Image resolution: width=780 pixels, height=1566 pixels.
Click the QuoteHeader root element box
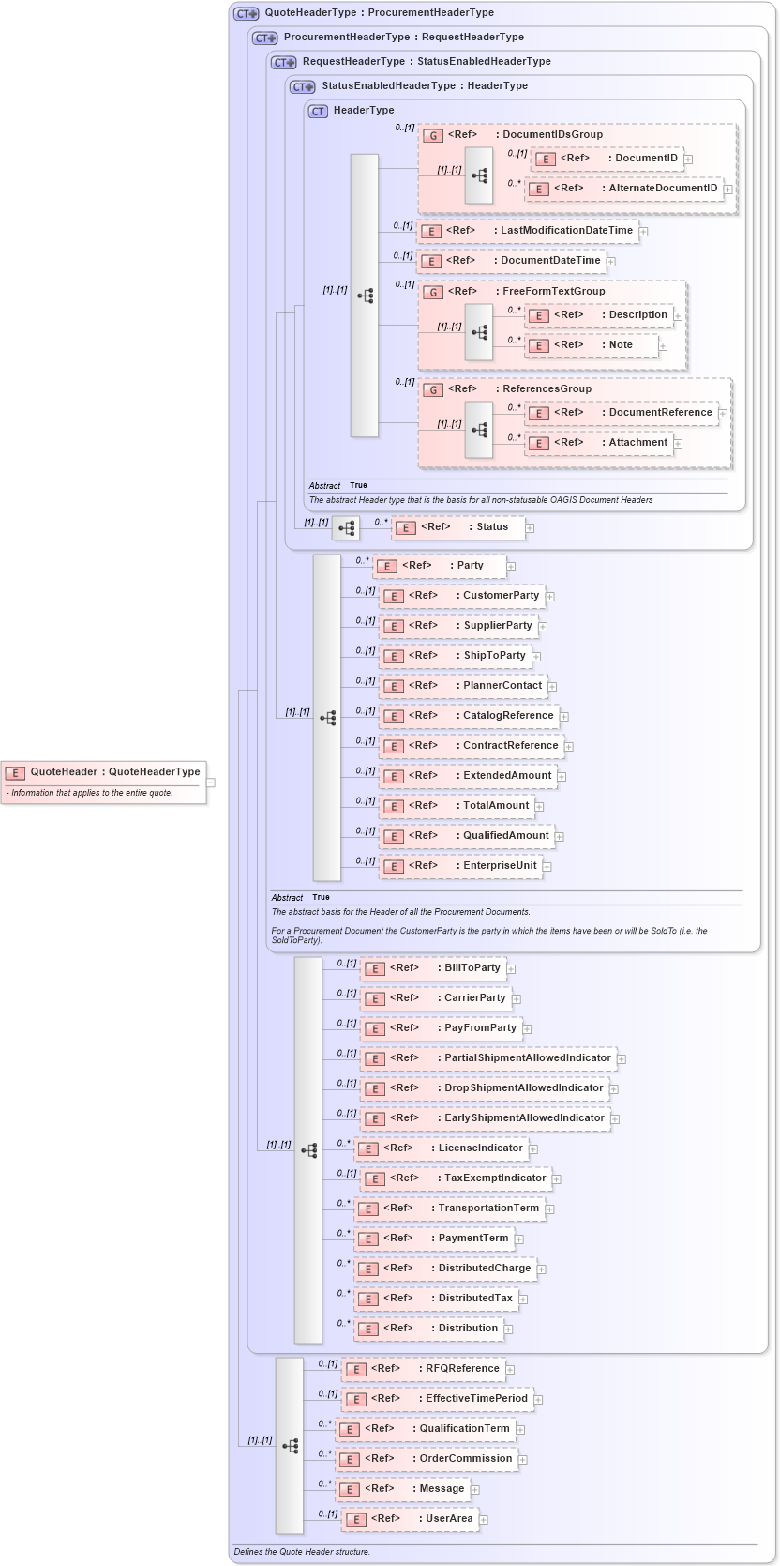click(103, 772)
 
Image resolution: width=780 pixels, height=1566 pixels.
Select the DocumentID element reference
click(607, 159)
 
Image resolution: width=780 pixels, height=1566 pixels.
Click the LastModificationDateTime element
click(528, 231)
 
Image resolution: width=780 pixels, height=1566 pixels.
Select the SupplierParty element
click(462, 626)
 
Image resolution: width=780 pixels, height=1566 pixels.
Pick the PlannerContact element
click(467, 686)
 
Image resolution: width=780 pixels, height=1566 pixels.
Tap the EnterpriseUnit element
click(464, 866)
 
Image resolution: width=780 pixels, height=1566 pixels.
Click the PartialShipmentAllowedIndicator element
click(488, 1058)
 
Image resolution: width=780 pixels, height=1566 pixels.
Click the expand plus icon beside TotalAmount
click(539, 807)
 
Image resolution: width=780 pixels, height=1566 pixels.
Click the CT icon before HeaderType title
click(319, 111)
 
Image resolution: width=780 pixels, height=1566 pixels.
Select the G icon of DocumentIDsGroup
click(432, 135)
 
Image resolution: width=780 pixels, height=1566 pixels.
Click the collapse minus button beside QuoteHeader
click(211, 782)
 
